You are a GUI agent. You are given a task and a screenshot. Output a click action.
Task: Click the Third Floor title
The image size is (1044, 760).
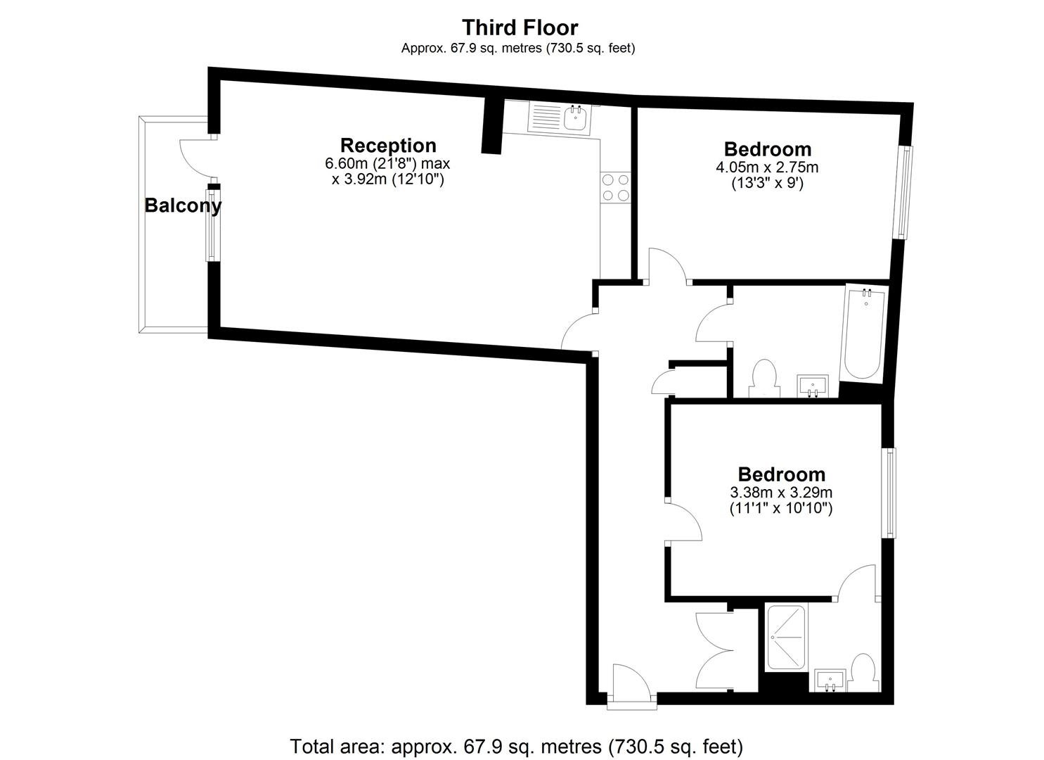coord(520,27)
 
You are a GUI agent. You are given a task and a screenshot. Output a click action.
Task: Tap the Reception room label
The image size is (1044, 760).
coord(388,146)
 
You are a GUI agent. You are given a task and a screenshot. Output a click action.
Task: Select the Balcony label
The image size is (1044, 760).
coord(183,205)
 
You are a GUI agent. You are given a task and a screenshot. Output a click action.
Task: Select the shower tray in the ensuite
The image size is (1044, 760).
coord(787,638)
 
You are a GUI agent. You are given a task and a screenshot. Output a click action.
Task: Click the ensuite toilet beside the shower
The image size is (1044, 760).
coord(863,673)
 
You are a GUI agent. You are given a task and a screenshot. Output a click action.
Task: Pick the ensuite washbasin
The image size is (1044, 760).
coord(830,680)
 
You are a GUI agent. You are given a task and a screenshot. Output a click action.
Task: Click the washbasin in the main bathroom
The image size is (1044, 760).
coord(813,386)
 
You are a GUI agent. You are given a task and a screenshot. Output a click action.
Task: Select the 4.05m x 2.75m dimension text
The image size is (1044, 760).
coord(767,167)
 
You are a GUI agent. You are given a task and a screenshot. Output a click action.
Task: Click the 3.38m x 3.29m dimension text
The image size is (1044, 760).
coord(781,492)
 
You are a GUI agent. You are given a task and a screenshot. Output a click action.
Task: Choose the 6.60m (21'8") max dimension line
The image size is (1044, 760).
coord(387,164)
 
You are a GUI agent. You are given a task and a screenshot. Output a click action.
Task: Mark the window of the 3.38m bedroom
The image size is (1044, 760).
coord(891,493)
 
